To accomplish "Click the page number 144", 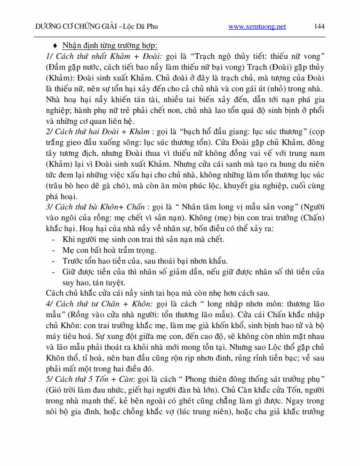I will click(x=319, y=26).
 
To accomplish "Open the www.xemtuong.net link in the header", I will click(x=257, y=27).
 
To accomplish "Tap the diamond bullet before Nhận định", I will click(x=55, y=46).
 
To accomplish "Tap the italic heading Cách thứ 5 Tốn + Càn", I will click(x=89, y=379).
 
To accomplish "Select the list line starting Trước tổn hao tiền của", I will click(x=145, y=261).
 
